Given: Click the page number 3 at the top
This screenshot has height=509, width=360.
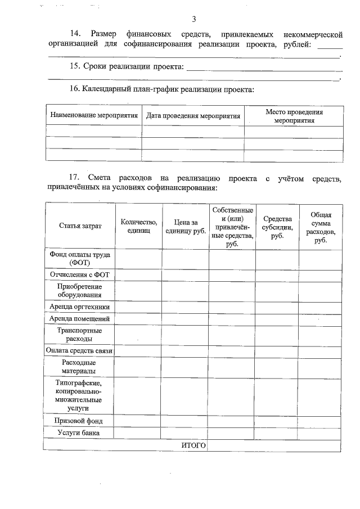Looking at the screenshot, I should point(193,20).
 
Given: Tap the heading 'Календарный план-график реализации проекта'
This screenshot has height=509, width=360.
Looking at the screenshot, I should point(167,89).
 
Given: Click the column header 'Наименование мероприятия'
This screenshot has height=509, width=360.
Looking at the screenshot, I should point(94,116).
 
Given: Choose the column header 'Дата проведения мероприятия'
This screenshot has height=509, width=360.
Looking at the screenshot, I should point(193,116).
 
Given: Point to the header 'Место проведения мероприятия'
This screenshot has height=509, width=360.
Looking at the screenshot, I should point(294,116).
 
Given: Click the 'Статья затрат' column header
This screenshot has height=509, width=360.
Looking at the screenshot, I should point(80,226).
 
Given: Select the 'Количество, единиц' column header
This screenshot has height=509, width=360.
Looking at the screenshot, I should point(138,226).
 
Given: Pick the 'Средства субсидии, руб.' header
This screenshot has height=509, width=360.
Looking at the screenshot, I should point(277,227).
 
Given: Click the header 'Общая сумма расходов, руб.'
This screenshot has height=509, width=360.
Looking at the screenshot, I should point(321,227).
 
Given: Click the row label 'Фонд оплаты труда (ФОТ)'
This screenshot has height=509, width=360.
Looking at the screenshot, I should point(80,258).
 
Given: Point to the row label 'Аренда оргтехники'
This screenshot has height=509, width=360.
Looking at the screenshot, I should point(80,307).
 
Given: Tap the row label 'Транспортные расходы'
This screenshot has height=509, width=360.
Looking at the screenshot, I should point(80,335).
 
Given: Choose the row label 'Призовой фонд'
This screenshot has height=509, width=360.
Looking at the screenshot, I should point(80,420).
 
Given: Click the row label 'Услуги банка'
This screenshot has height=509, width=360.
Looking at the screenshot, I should point(80,433).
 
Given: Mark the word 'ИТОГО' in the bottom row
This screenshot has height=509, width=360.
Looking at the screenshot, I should point(193,445).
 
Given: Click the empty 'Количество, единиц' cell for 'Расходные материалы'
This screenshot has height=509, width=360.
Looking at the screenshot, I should point(138,367).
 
